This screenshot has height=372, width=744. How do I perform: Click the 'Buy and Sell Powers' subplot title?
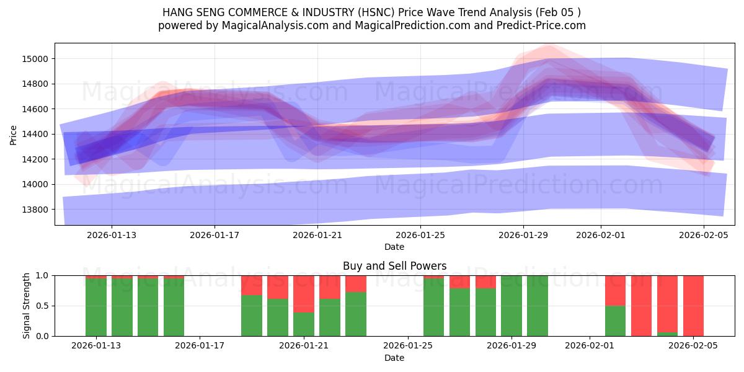[394, 266]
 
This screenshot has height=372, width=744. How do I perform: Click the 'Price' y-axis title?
[14, 134]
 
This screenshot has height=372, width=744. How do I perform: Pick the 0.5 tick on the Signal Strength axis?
[42, 306]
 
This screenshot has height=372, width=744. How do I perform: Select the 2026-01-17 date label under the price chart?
[214, 235]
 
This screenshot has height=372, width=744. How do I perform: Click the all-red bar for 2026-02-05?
[693, 306]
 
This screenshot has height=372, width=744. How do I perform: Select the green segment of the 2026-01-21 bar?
[304, 324]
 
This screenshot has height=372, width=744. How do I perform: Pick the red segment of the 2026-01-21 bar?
[304, 293]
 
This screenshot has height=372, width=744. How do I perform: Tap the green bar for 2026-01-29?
[511, 306]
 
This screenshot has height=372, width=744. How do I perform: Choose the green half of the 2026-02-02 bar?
[615, 321]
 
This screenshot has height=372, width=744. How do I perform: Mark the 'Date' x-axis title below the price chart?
[394, 247]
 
